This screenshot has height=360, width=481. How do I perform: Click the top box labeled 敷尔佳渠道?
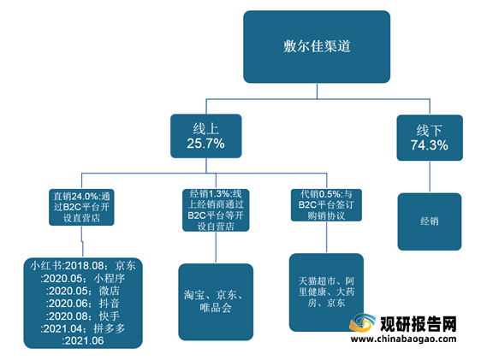[x=317, y=46]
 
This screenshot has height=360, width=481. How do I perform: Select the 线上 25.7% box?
[x=206, y=136]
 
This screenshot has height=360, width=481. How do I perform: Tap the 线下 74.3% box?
[x=430, y=138]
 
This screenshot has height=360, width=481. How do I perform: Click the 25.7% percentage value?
[x=205, y=144]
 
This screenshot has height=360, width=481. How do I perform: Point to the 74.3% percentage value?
[x=430, y=145]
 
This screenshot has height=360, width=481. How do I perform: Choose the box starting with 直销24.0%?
[x=81, y=207]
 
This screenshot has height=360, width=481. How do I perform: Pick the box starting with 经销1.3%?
[x=216, y=210]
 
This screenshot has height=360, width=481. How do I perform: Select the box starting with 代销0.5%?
[x=326, y=205]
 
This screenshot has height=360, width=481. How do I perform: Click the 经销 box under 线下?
[x=430, y=221]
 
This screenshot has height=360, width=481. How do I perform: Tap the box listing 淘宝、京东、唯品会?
[x=216, y=302]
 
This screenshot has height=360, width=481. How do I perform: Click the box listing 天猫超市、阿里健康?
[x=326, y=292]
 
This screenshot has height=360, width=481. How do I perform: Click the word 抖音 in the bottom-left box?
[x=110, y=304]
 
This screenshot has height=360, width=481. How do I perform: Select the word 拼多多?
[x=110, y=328]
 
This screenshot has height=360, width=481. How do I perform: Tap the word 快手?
[x=110, y=316]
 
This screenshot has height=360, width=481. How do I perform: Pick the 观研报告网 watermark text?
[x=419, y=324]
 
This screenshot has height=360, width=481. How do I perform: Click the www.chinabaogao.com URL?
[x=403, y=339]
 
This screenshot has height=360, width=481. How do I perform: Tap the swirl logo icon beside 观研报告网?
[x=362, y=322]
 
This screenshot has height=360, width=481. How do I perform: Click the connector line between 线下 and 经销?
[x=430, y=177]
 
